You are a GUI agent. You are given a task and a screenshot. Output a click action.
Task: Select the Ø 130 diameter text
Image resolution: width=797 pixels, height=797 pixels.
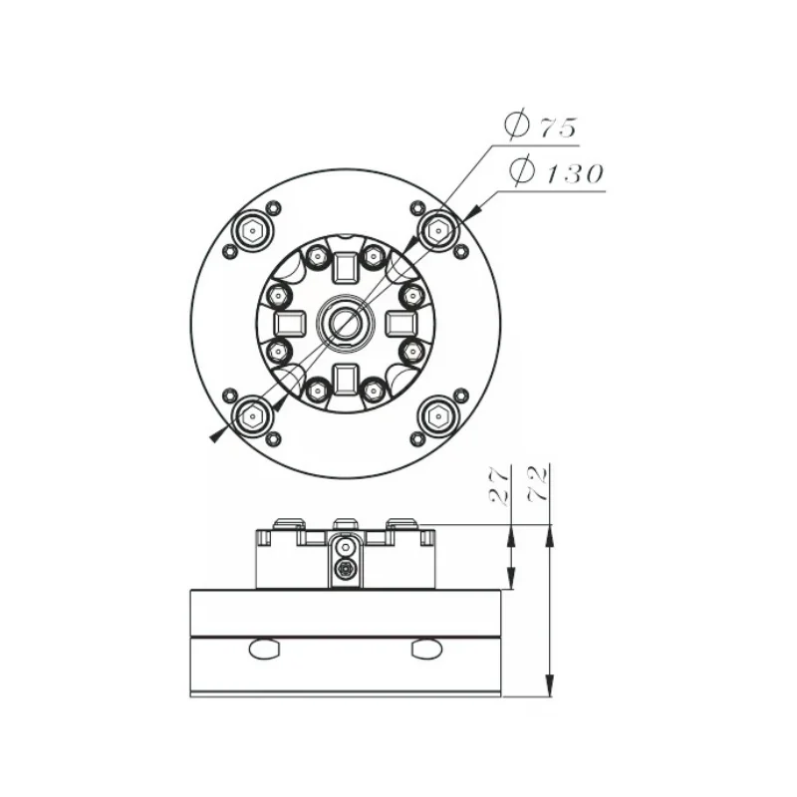pyautogui.click(x=556, y=172)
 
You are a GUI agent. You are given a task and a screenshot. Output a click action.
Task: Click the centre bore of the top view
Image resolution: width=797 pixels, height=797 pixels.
pyautogui.click(x=345, y=322)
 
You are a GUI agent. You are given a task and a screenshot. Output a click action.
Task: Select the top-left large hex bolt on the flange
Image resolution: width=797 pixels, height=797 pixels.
pyautogui.click(x=252, y=230)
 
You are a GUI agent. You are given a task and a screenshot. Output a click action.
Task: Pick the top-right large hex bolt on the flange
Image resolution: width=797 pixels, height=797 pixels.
pyautogui.click(x=436, y=230)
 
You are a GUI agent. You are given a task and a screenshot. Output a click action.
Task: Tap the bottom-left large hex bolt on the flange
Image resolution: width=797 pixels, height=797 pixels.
pyautogui.click(x=252, y=413)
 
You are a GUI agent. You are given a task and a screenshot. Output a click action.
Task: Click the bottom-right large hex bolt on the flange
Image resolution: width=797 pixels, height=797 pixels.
pyautogui.click(x=436, y=413)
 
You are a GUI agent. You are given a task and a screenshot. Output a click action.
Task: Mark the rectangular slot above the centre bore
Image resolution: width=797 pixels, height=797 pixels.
pyautogui.click(x=345, y=267)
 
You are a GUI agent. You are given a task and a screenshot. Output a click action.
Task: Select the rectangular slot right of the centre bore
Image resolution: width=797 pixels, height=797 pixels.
pyautogui.click(x=399, y=322)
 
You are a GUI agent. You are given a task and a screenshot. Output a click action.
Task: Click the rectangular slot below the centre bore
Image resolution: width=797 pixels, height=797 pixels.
pyautogui.click(x=345, y=377)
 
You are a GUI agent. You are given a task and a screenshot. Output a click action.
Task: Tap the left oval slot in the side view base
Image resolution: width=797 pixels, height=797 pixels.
pyautogui.click(x=265, y=650)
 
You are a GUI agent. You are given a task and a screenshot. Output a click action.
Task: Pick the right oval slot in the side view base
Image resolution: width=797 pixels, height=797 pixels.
pyautogui.click(x=426, y=650)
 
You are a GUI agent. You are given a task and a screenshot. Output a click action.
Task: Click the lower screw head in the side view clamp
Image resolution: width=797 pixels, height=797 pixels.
pyautogui.click(x=345, y=569)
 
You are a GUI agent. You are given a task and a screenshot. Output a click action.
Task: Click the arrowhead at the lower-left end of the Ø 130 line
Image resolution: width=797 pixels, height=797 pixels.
pyautogui.click(x=216, y=433)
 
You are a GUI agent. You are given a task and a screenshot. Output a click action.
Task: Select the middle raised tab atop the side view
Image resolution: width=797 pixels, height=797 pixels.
pyautogui.click(x=345, y=523)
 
